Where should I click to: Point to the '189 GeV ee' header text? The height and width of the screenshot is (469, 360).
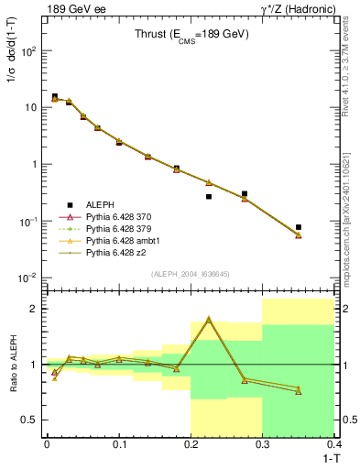point(70,9)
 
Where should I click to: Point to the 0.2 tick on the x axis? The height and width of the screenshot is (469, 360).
point(191,445)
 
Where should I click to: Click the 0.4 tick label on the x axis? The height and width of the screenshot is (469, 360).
point(334,445)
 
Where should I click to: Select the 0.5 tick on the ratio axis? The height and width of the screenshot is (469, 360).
point(32,420)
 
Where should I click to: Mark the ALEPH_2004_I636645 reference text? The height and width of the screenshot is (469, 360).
point(191,275)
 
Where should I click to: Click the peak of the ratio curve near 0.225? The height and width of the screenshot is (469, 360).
point(209,319)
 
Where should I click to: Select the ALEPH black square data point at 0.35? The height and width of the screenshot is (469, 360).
point(299,226)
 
